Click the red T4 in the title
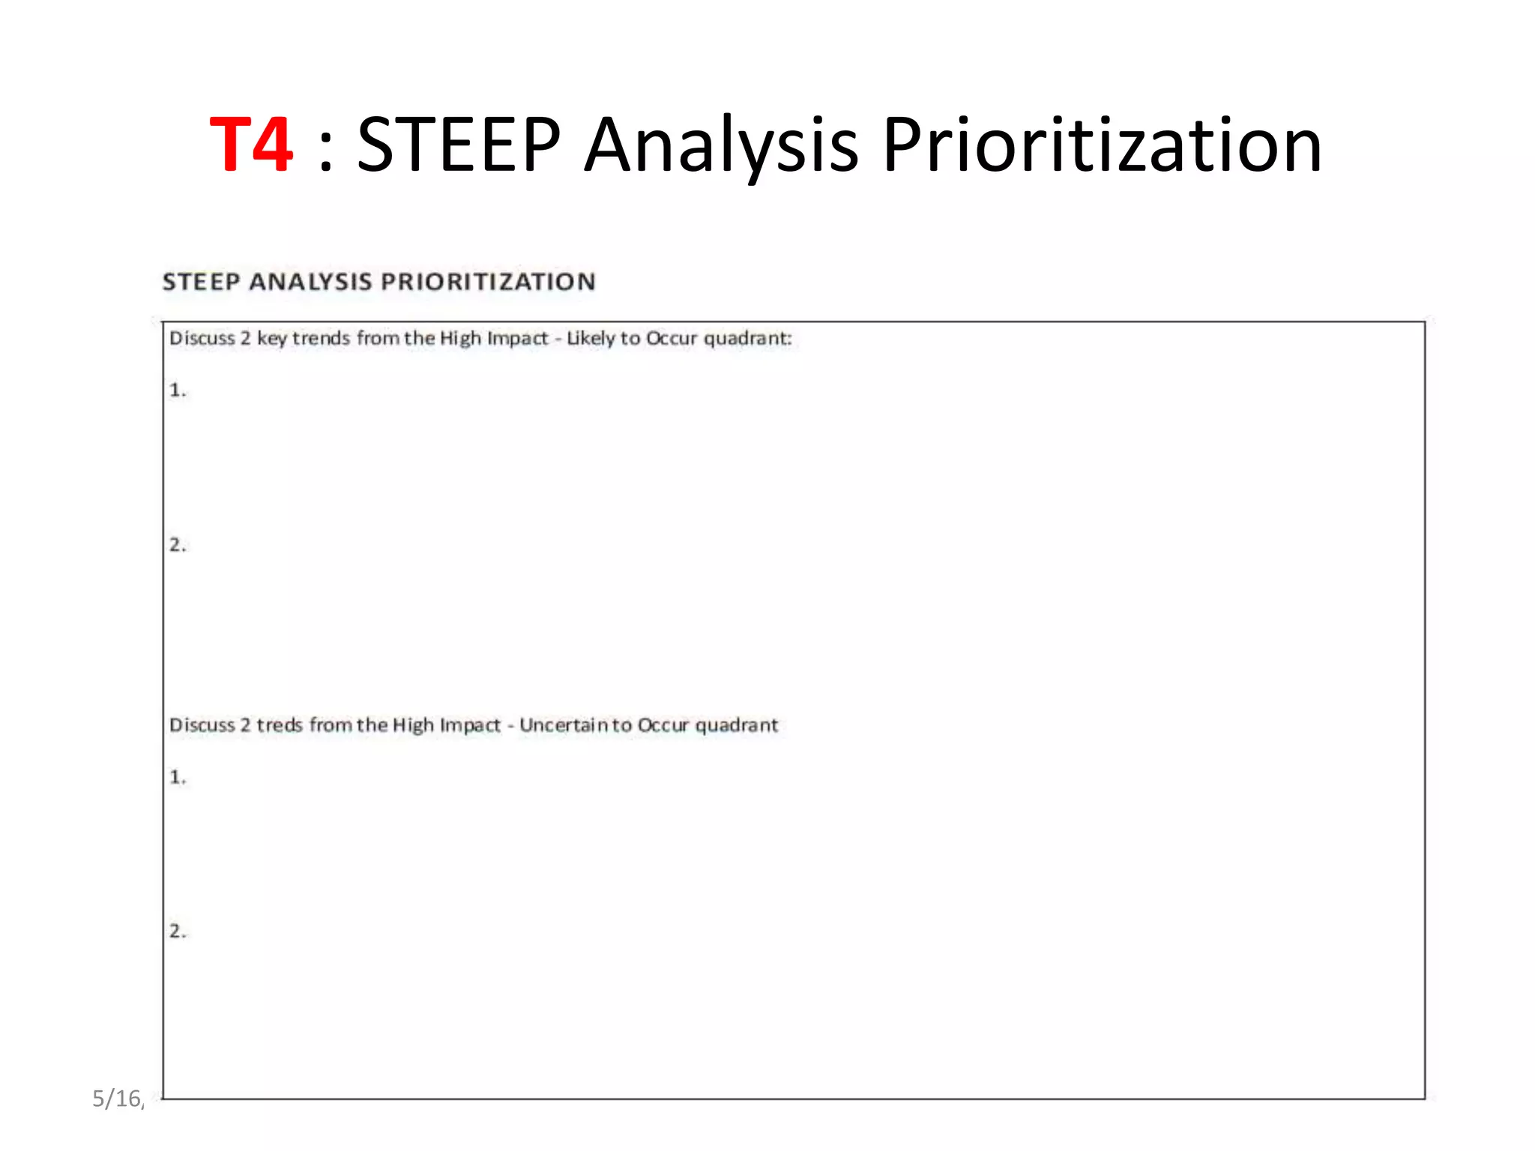tap(250, 145)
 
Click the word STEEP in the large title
tap(458, 145)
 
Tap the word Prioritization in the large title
tap(1102, 145)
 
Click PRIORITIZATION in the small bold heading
tap(488, 282)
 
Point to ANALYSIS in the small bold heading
tap(310, 282)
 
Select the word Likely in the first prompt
tap(591, 339)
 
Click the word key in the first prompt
tap(272, 339)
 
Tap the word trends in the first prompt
tap(322, 339)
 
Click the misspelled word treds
tap(280, 725)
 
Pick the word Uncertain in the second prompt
tap(564, 725)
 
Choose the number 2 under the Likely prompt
tap(177, 545)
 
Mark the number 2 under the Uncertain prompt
tap(177, 931)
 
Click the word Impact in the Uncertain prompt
tap(470, 725)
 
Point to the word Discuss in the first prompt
tap(202, 339)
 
